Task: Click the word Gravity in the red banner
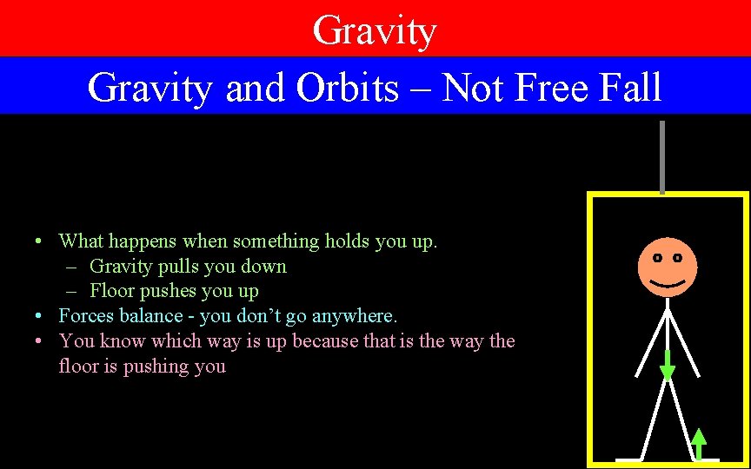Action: click(x=374, y=31)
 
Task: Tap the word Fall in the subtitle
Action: click(x=628, y=88)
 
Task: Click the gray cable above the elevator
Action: click(x=662, y=156)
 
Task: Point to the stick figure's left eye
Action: click(x=657, y=257)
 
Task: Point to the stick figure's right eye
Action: click(x=678, y=257)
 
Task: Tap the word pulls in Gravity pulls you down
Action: click(x=182, y=266)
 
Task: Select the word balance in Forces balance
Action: click(x=152, y=316)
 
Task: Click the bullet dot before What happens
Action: click(x=40, y=241)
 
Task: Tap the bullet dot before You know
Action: click(x=40, y=341)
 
